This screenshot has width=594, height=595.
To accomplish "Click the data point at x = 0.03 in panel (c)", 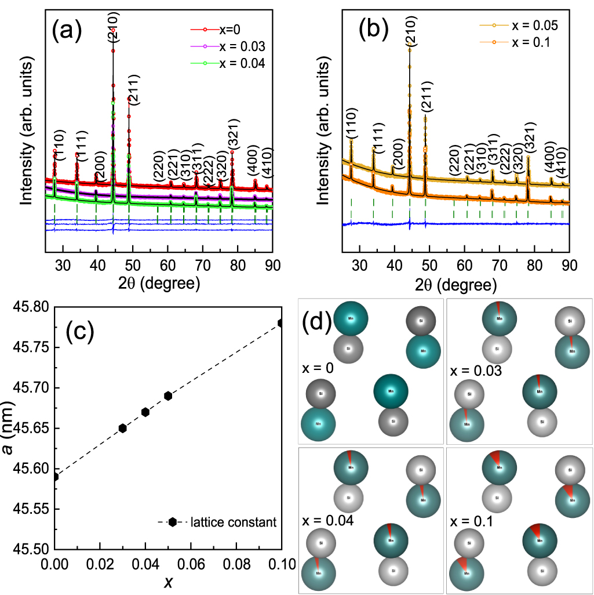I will pos(122,428).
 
